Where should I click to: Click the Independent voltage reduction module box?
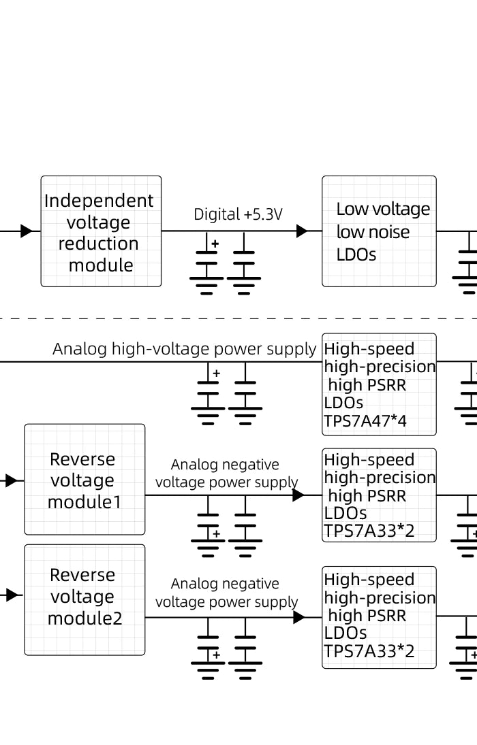101,231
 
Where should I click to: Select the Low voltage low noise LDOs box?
379,231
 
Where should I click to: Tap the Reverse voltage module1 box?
84,480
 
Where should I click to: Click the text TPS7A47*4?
365,420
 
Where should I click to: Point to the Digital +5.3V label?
238,214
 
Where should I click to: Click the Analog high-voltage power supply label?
184,349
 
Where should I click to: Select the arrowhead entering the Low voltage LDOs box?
302,231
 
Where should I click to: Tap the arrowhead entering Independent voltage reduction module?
27,231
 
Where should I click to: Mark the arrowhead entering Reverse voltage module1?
12,481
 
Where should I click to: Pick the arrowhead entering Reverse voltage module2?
12,595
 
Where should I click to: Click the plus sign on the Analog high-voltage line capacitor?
217,374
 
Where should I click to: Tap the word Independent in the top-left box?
99,201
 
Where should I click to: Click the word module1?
84,502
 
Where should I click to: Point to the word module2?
84,618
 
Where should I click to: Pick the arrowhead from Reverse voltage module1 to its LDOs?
298,495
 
